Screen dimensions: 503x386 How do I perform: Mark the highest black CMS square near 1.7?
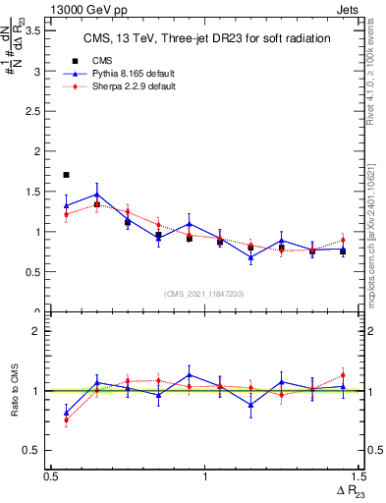66,175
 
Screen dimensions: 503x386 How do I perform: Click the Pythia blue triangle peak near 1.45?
96,194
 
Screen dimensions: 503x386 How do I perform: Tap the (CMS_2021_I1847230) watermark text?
204,294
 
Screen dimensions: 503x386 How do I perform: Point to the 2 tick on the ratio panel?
37,331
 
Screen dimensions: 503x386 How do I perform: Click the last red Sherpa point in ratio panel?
343,374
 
